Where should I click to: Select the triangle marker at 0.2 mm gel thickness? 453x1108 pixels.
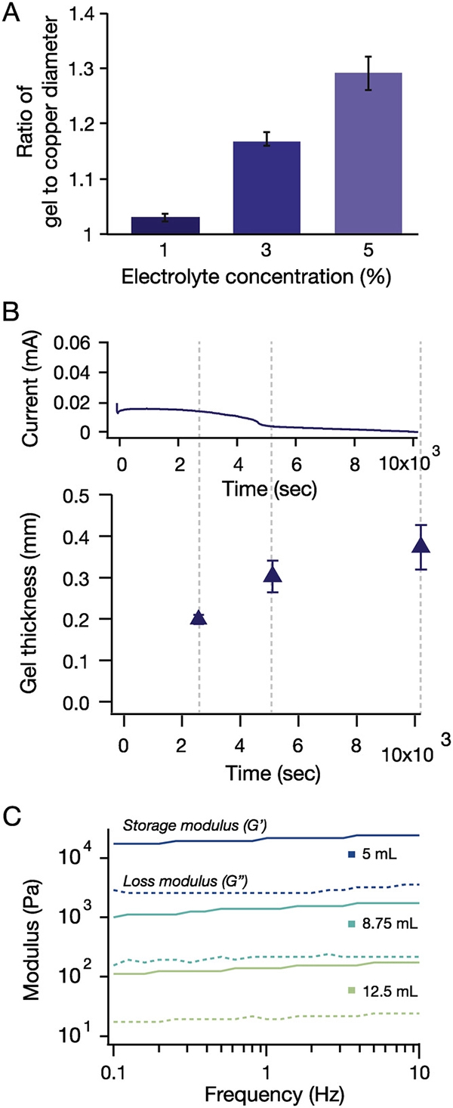pos(199,617)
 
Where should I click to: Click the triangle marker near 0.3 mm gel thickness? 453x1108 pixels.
pos(273,575)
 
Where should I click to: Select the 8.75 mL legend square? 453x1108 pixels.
pos(351,924)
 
